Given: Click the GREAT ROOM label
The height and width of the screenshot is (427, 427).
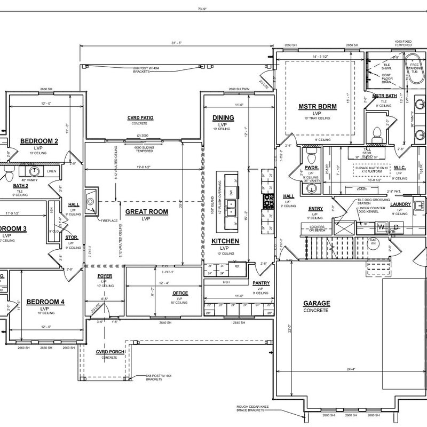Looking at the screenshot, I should (146, 212).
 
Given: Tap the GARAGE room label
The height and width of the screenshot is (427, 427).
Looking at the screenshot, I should (317, 304).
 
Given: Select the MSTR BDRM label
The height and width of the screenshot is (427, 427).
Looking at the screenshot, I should (318, 107).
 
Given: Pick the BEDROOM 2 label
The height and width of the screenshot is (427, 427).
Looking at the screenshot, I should (39, 141).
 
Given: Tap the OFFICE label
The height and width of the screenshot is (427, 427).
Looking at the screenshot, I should (180, 294).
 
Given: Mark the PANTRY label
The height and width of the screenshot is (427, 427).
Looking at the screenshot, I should (261, 283).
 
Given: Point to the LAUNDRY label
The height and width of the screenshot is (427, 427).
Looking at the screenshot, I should (400, 204).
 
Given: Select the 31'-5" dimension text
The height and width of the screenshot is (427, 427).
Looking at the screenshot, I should (177, 43).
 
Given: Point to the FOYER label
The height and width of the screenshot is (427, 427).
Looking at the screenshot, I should (105, 276).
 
